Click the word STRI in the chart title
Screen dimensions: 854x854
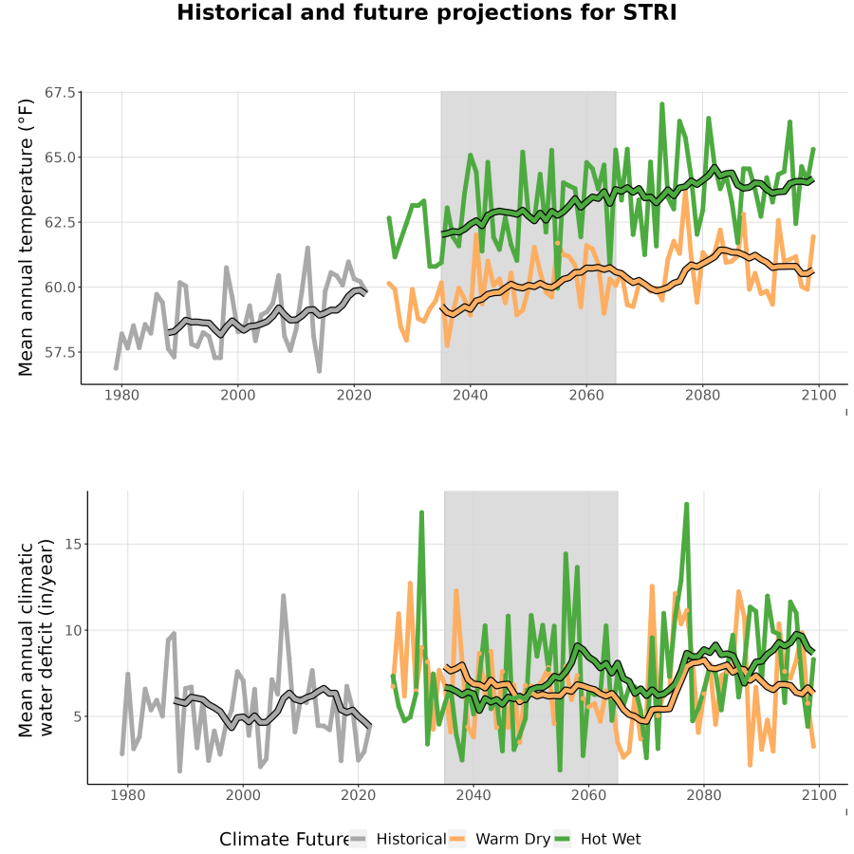click(x=649, y=12)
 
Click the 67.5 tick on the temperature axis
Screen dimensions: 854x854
click(x=60, y=93)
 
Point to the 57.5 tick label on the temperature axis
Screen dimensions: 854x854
click(x=60, y=352)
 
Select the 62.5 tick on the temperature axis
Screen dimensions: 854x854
click(x=60, y=222)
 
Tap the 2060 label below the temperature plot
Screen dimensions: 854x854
click(x=586, y=395)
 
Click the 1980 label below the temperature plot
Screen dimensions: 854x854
click(x=121, y=395)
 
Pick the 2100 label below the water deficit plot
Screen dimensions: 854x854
click(x=819, y=795)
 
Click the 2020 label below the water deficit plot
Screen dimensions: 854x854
click(x=358, y=795)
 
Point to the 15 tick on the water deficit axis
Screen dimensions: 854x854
click(x=73, y=544)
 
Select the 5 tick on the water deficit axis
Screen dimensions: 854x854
click(x=78, y=716)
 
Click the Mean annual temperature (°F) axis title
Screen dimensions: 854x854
click(x=26, y=237)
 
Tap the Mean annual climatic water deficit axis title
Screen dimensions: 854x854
click(x=36, y=639)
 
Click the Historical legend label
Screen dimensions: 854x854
click(x=411, y=839)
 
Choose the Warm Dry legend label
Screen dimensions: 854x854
click(x=513, y=840)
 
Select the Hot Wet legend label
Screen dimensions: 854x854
click(x=610, y=839)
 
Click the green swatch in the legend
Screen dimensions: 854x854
click(x=562, y=839)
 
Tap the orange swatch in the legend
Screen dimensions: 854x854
click(x=457, y=839)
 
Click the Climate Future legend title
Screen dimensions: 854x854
click(x=284, y=839)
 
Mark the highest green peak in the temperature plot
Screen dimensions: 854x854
click(x=662, y=103)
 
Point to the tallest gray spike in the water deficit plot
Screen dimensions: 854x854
click(x=283, y=596)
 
